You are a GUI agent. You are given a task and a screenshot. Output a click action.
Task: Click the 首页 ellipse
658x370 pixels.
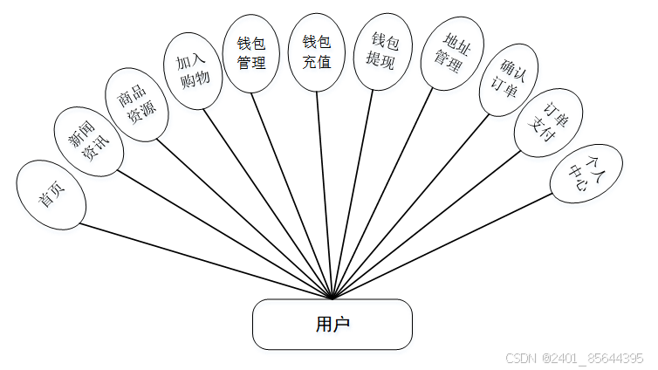pos(51,195)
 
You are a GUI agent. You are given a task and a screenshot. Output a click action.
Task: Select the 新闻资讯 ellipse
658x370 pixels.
pos(88,141)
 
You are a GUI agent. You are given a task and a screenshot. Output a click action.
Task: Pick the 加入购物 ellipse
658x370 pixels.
pos(193,71)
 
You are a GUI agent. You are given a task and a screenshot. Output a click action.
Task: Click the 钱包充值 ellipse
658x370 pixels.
pos(317,52)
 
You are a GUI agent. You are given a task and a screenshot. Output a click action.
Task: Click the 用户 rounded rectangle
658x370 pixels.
pos(332,324)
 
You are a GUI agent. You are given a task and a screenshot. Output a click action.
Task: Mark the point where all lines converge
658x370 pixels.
pos(332,299)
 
